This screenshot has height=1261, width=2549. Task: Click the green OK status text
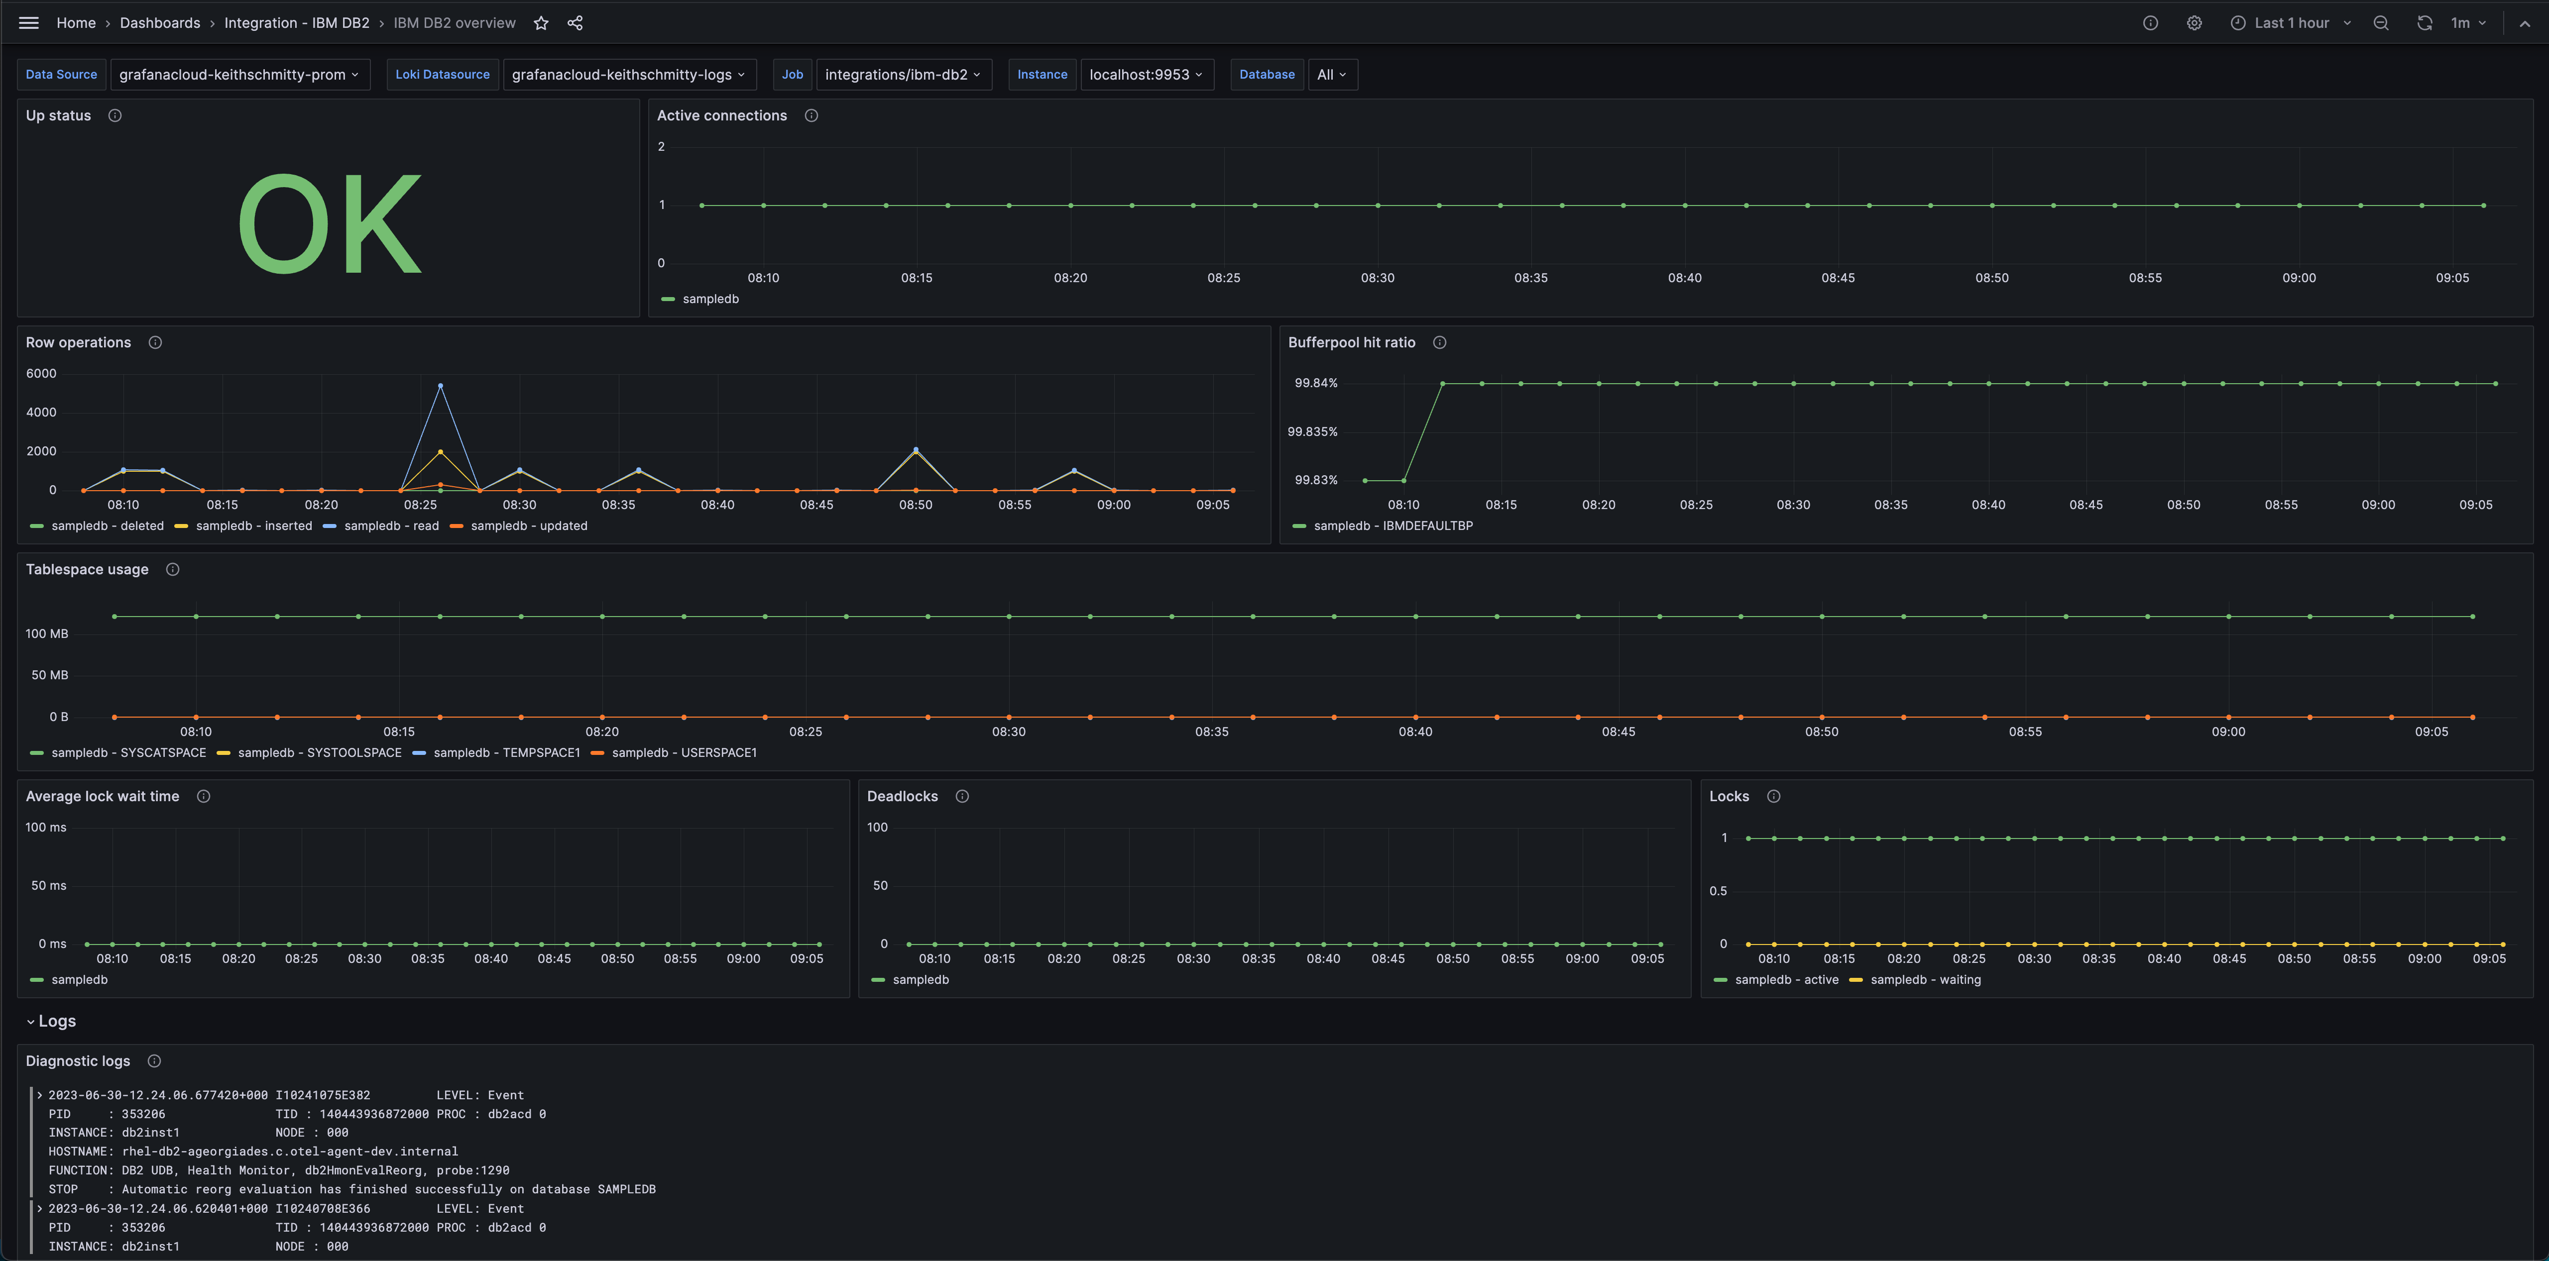(330, 223)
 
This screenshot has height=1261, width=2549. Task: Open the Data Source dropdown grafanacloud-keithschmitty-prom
(238, 74)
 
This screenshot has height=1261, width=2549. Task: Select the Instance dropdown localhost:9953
(1146, 74)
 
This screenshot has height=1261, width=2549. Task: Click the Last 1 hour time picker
(2291, 23)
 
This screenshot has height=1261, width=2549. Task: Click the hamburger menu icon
(29, 23)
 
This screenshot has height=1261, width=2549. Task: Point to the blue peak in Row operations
(440, 386)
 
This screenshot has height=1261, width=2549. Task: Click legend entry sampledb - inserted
(253, 525)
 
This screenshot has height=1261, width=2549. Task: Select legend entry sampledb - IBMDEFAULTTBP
(1392, 525)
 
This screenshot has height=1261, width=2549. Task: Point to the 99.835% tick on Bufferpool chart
(1312, 431)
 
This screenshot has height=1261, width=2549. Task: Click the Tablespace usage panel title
(87, 569)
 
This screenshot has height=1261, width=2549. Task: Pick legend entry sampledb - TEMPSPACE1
(506, 752)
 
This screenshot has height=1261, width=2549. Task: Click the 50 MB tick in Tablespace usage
(49, 674)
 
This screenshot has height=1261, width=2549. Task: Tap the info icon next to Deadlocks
(962, 796)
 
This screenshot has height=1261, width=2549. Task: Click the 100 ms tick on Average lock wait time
(45, 827)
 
